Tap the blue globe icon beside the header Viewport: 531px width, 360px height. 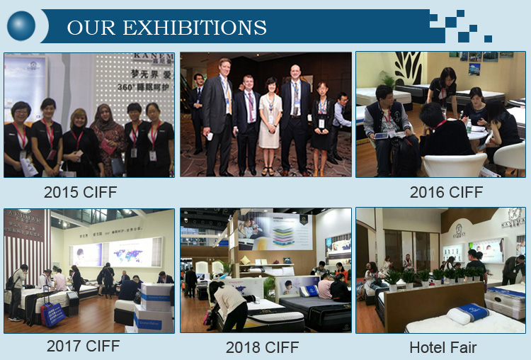click(21, 26)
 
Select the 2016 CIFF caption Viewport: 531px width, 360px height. click(446, 192)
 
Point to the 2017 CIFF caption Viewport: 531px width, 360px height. click(83, 346)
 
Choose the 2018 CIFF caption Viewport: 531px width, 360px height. click(263, 347)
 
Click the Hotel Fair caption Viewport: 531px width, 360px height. click(442, 347)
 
